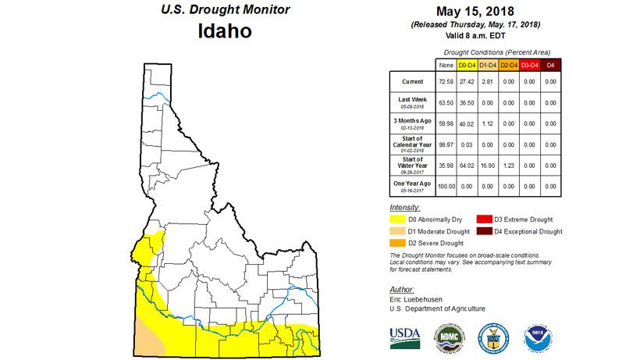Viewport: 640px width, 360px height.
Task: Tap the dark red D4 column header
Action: point(551,64)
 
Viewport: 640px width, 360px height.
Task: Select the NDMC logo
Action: point(449,336)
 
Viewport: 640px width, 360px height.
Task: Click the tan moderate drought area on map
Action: point(148,344)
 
